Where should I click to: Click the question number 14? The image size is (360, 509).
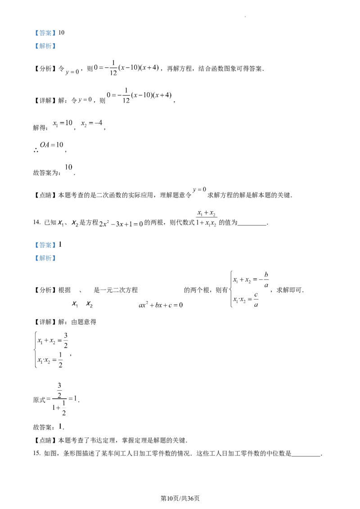pos(36,223)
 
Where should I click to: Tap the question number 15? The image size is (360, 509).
pos(36,453)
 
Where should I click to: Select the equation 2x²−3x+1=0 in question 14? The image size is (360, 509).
pos(121,223)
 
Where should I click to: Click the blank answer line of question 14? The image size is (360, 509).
pos(252,225)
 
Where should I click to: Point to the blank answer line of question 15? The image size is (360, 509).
pos(306,456)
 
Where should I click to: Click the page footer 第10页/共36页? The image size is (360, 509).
pos(180,498)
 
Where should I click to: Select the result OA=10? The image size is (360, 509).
pos(52,145)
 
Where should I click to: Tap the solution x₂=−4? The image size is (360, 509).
pos(92,123)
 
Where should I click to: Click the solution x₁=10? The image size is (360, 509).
pos(63,123)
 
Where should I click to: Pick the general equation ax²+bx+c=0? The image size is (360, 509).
pos(161,305)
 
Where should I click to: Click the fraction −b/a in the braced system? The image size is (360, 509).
pos(264,280)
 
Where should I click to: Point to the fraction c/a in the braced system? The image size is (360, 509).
pos(256,299)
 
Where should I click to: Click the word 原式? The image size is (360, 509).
pos(39,400)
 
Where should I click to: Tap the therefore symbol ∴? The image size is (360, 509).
pos(36,150)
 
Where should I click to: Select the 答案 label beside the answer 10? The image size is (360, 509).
pos(45,33)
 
